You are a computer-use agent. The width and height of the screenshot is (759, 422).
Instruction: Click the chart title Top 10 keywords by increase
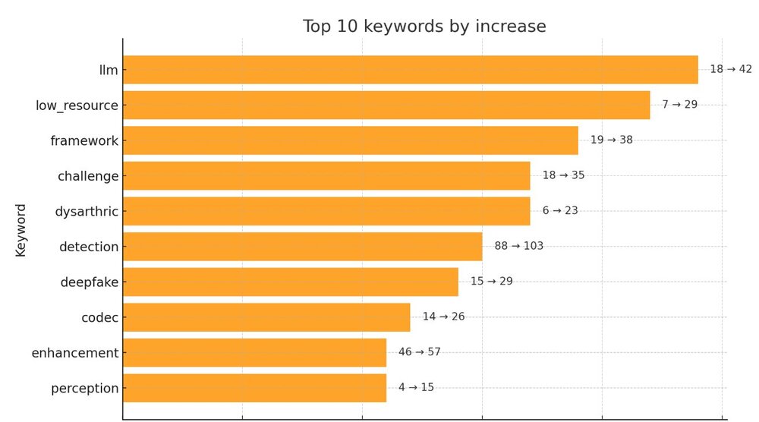424,27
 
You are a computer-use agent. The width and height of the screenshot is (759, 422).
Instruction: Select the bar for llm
410,70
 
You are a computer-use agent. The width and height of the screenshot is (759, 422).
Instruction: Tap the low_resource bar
386,105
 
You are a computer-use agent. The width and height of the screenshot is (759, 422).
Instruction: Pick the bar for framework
350,140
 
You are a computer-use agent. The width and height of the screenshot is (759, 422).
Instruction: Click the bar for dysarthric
326,211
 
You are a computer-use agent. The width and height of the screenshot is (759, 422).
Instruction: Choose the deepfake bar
291,282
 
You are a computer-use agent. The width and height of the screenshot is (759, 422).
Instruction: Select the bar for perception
254,388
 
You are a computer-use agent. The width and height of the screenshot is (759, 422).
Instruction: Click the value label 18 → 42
730,69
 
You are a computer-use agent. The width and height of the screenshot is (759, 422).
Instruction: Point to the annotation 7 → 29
679,104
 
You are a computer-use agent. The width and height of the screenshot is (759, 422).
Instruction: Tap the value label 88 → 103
518,246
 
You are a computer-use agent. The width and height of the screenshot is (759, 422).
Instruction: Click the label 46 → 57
419,352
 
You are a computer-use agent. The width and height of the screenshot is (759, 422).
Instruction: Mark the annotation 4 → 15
416,387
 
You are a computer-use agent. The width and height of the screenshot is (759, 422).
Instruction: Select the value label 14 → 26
443,316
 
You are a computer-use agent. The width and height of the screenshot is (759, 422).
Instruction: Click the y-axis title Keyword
20,229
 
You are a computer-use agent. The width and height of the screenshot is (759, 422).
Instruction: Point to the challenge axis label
88,176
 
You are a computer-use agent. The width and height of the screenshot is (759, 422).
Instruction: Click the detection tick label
89,247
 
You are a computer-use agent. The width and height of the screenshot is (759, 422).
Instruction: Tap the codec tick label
99,317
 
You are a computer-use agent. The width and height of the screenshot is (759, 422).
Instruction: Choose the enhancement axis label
75,353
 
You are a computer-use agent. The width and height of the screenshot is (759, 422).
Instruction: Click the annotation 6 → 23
560,210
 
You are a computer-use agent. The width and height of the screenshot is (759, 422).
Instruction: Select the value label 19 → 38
611,140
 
